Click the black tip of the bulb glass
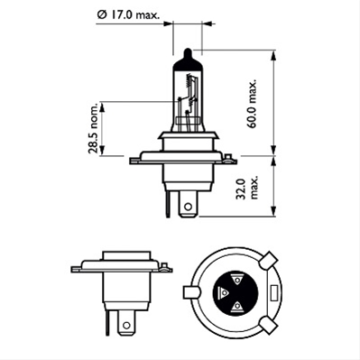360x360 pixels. pyautogui.click(x=187, y=55)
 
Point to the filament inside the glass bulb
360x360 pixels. pyautogui.click(x=190, y=94)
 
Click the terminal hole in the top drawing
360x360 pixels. pyautogui.click(x=187, y=206)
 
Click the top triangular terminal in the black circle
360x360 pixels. pyautogui.click(x=237, y=280)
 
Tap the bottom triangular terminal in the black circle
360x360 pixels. pyautogui.click(x=237, y=308)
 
